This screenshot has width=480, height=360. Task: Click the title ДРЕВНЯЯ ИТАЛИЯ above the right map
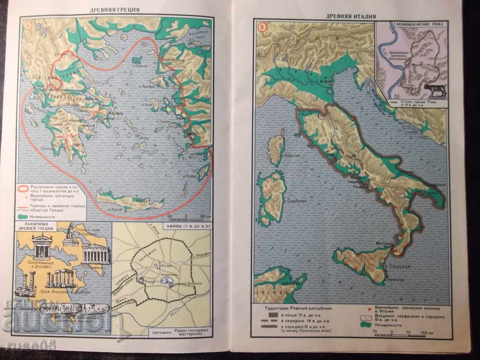tap(351, 16)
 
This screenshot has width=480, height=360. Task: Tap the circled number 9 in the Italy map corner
tap(262, 27)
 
